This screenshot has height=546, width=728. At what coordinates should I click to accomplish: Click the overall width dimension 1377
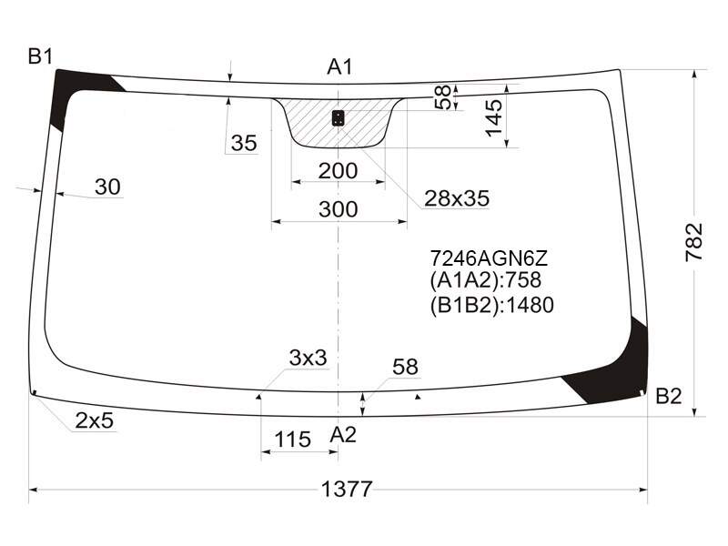[x=347, y=489]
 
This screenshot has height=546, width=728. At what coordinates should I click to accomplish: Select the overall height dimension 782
[x=694, y=242]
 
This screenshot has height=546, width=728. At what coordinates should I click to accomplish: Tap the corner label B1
[x=40, y=56]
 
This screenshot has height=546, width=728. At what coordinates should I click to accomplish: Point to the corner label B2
[x=669, y=396]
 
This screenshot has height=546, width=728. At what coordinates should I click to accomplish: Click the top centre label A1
[x=339, y=66]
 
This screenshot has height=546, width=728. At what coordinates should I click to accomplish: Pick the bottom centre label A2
[x=343, y=435]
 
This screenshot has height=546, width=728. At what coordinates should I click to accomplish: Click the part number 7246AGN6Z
[x=489, y=258]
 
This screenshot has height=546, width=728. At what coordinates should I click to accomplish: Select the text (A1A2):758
[x=485, y=280]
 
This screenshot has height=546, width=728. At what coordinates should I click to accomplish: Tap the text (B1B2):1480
[x=491, y=305]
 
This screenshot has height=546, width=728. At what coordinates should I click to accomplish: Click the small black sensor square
[x=338, y=118]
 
